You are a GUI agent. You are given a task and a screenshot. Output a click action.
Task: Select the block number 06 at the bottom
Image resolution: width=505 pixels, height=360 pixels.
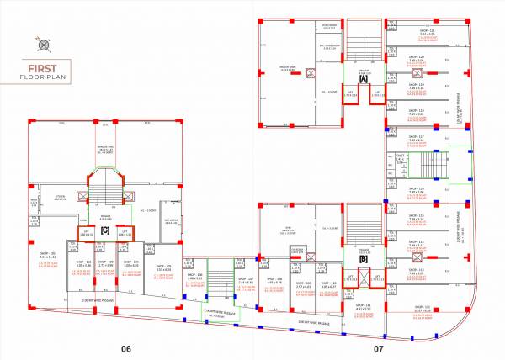pos(126,347)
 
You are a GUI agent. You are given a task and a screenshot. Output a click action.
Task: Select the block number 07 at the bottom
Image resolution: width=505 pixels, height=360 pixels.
pos(379,347)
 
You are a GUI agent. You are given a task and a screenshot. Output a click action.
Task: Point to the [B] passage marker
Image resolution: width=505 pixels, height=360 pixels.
pos(363,258)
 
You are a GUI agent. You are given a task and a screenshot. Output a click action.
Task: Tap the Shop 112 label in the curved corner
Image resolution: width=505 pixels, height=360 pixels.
pos(422,307)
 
